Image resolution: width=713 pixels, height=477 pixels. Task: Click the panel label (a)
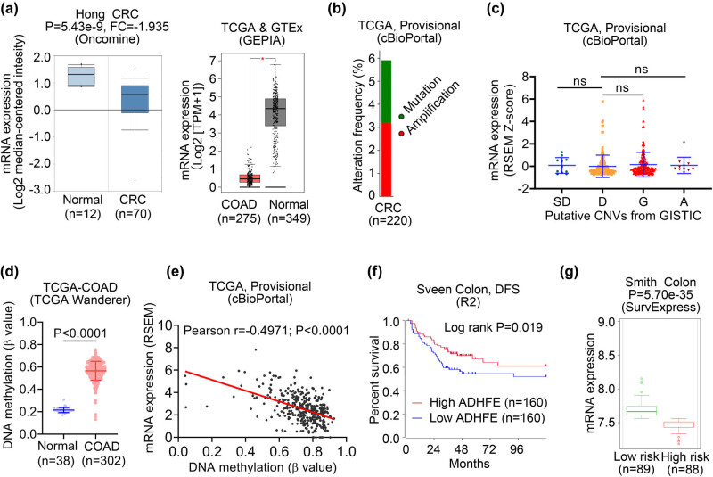tap(15, 9)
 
